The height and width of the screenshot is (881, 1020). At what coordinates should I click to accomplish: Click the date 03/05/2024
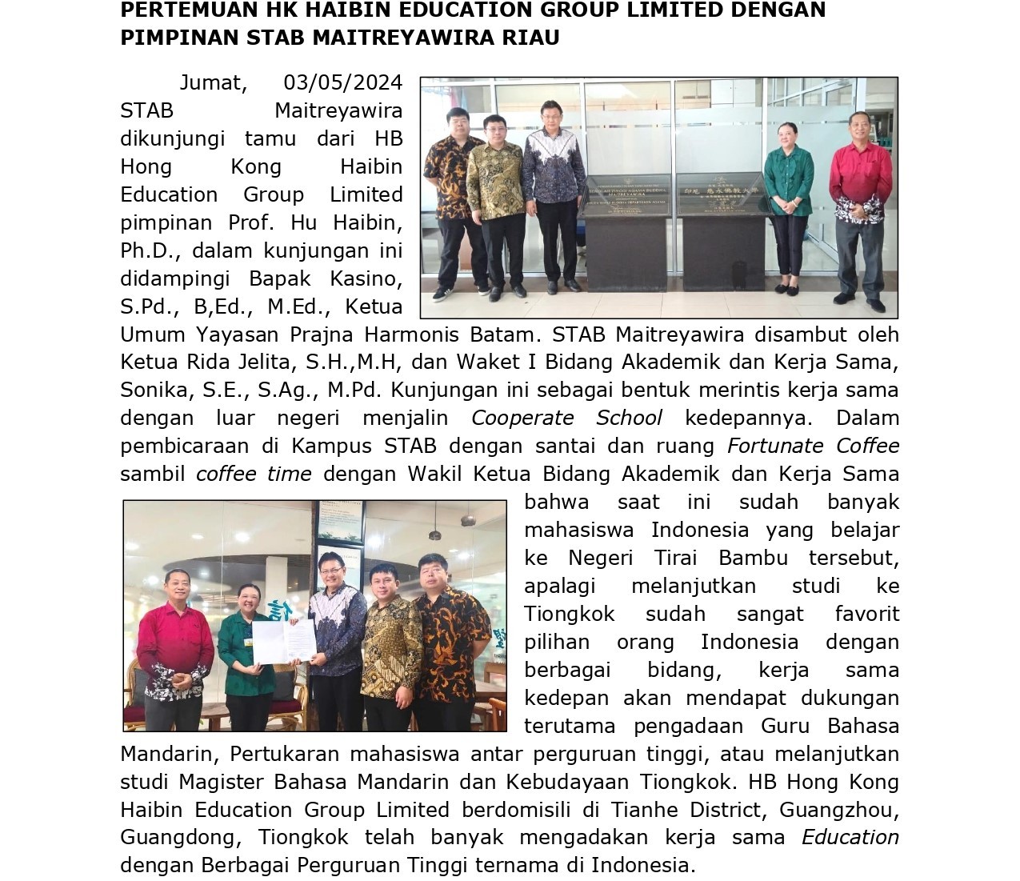pos(342,82)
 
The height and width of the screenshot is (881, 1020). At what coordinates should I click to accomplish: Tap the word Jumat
pos(210,82)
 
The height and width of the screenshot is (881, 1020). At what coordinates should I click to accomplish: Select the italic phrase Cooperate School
pos(566,418)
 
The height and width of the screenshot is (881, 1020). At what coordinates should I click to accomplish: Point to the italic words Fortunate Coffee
pos(813,446)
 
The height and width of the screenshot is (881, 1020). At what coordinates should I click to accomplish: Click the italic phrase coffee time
pos(254,474)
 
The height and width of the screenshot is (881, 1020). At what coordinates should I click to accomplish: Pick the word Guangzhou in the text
pos(838,809)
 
